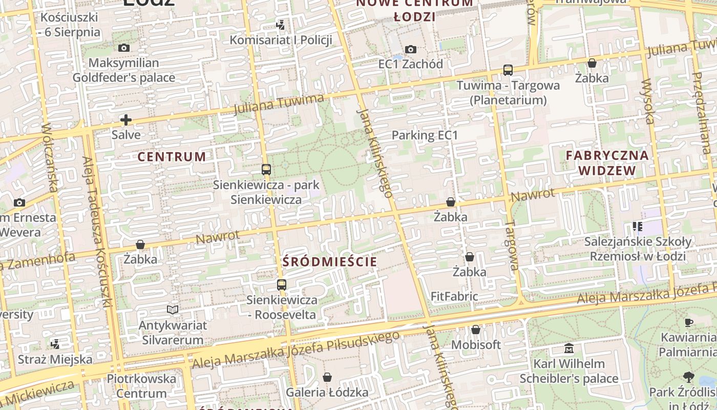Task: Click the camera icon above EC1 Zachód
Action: pyautogui.click(x=411, y=49)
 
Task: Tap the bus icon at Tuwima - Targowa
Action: pyautogui.click(x=508, y=70)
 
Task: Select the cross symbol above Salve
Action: pyautogui.click(x=126, y=120)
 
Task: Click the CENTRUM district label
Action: pyautogui.click(x=172, y=157)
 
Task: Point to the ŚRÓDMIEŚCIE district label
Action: pyautogui.click(x=330, y=262)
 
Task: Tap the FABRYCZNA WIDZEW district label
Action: pyautogui.click(x=607, y=162)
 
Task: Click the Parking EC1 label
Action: pyautogui.click(x=424, y=135)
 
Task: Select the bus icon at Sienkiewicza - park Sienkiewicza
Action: pyautogui.click(x=266, y=169)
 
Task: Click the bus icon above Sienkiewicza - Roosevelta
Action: pyautogui.click(x=282, y=285)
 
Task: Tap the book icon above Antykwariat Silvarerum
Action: pyautogui.click(x=173, y=310)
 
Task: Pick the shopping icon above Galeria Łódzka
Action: pyautogui.click(x=327, y=377)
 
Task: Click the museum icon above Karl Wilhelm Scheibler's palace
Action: pyautogui.click(x=568, y=348)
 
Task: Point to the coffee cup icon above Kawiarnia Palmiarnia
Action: pyautogui.click(x=689, y=322)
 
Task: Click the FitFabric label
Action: pyautogui.click(x=454, y=296)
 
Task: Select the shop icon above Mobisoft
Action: pyautogui.click(x=476, y=330)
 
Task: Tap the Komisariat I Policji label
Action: pyautogui.click(x=281, y=39)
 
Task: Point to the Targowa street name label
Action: pyautogui.click(x=512, y=245)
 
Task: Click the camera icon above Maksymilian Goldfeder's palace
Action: pyautogui.click(x=123, y=48)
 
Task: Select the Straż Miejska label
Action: pyautogui.click(x=55, y=359)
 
